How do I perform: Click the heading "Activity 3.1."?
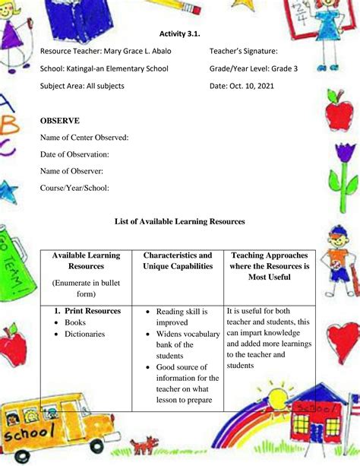[x=179, y=33]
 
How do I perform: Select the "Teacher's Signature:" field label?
[x=243, y=51]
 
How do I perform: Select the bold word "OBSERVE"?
[x=60, y=121]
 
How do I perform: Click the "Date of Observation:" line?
[x=75, y=154]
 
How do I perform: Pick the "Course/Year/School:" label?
[x=75, y=188]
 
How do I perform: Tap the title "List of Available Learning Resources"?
[x=180, y=221]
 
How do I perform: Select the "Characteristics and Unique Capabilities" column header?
[x=178, y=261]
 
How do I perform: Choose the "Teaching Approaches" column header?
[x=270, y=256]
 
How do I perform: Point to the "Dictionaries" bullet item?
[x=84, y=334]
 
